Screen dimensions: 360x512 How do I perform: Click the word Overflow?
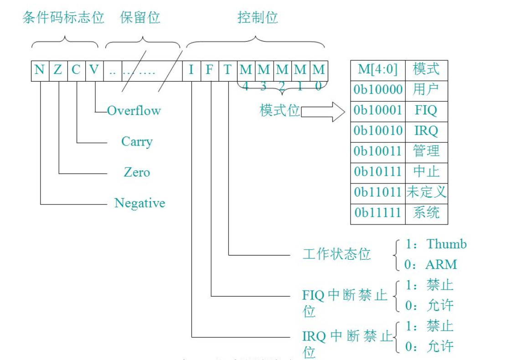[x=134, y=110]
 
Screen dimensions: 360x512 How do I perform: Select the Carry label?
[x=137, y=141]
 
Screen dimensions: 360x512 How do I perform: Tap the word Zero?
[x=137, y=172]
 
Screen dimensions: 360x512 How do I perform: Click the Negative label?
[x=140, y=203]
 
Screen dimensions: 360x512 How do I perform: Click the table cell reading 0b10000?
[x=378, y=90]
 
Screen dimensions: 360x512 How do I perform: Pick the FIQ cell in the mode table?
[x=426, y=110]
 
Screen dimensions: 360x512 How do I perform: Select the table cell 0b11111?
[x=378, y=213]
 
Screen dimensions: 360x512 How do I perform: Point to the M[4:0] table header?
[x=378, y=69]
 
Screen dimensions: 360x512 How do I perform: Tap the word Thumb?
[x=447, y=244]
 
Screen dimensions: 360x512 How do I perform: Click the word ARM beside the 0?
[x=441, y=265]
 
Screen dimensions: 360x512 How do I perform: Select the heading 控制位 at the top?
[x=258, y=18]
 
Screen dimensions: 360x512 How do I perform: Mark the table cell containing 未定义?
[x=426, y=193]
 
